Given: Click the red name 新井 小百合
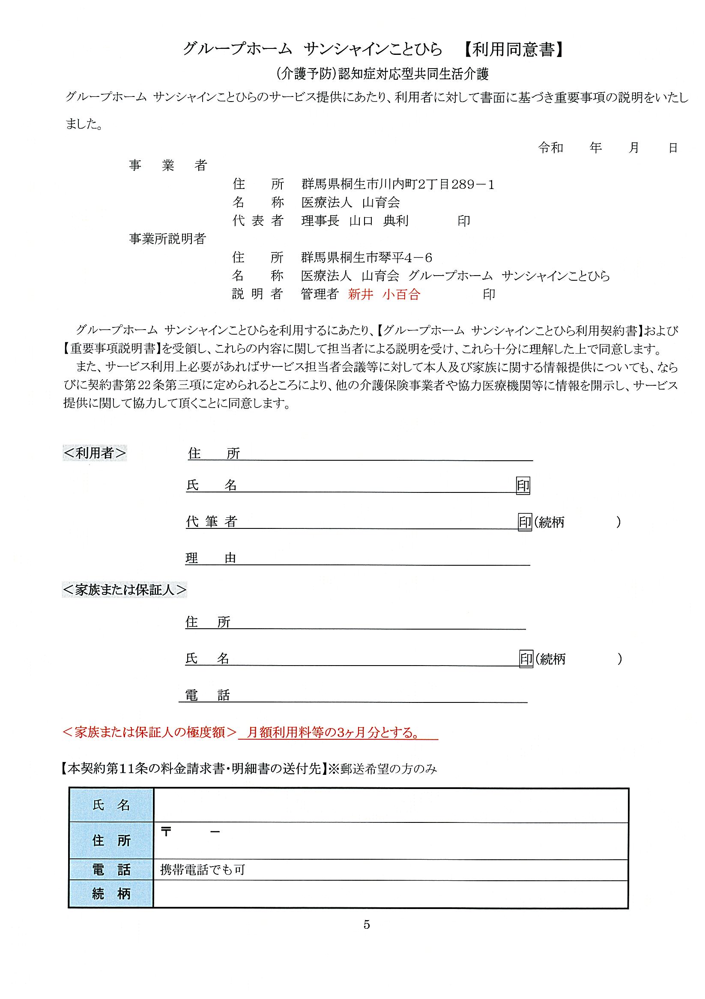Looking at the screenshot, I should pyautogui.click(x=384, y=294).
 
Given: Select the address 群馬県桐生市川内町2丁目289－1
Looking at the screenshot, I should pyautogui.click(x=398, y=184).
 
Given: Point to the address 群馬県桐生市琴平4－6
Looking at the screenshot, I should pyautogui.click(x=367, y=258).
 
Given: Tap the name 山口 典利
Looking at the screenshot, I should pyautogui.click(x=379, y=221).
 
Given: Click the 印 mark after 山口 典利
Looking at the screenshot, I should pyautogui.click(x=463, y=221).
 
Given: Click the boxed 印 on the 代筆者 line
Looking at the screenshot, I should pyautogui.click(x=525, y=522).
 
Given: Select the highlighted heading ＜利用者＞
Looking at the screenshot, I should pyautogui.click(x=95, y=453).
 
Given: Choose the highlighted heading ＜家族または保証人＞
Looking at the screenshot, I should pyautogui.click(x=125, y=590).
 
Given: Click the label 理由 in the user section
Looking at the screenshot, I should pyautogui.click(x=211, y=558).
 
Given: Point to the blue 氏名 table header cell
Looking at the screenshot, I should pyautogui.click(x=111, y=805).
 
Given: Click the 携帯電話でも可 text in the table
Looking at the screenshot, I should pyautogui.click(x=203, y=870).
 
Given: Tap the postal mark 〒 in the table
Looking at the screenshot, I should pyautogui.click(x=166, y=832).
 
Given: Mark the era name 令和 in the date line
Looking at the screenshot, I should pyautogui.click(x=551, y=148).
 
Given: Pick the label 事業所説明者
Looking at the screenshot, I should pyautogui.click(x=167, y=238).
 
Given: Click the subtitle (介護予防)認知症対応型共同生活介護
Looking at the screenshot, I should pyautogui.click(x=382, y=75).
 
